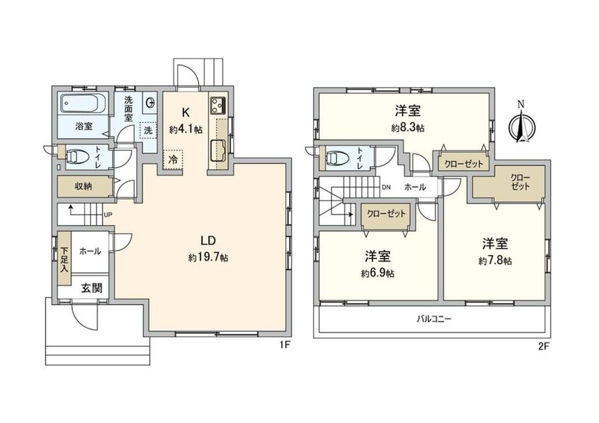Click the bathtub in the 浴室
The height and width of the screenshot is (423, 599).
pyautogui.click(x=83, y=103)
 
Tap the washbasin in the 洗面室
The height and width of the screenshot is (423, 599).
pyautogui.click(x=150, y=102)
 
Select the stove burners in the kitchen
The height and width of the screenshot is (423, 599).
pyautogui.click(x=218, y=105)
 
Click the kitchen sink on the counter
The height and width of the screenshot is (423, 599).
pyautogui.click(x=218, y=149)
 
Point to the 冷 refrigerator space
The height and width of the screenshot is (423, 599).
pyautogui.click(x=173, y=159)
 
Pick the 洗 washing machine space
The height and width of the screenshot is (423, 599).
pyautogui.click(x=148, y=130)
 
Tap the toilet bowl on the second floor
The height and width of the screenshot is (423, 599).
pyautogui.click(x=337, y=157)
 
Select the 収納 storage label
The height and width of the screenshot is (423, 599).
pyautogui.click(x=83, y=187)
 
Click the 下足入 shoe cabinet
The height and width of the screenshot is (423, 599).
pyautogui.click(x=64, y=258)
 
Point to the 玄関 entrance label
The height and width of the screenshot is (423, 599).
pyautogui.click(x=91, y=288)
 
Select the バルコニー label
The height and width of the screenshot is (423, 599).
pyautogui.click(x=434, y=318)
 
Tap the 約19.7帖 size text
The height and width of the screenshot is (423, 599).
pyautogui.click(x=208, y=258)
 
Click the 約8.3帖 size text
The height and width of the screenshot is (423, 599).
pyautogui.click(x=408, y=128)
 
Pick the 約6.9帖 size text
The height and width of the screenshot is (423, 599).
pyautogui.click(x=378, y=273)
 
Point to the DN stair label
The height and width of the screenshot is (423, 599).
pyautogui.click(x=387, y=187)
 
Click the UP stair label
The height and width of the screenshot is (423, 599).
pyautogui.click(x=108, y=215)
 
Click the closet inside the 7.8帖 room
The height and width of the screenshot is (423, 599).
pyautogui.click(x=508, y=182)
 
